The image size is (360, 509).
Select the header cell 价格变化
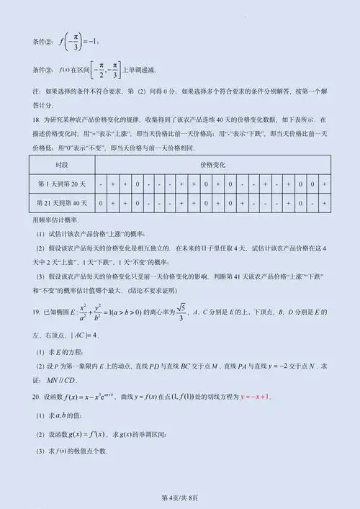(213, 165)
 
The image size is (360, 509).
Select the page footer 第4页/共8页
(179, 497)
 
